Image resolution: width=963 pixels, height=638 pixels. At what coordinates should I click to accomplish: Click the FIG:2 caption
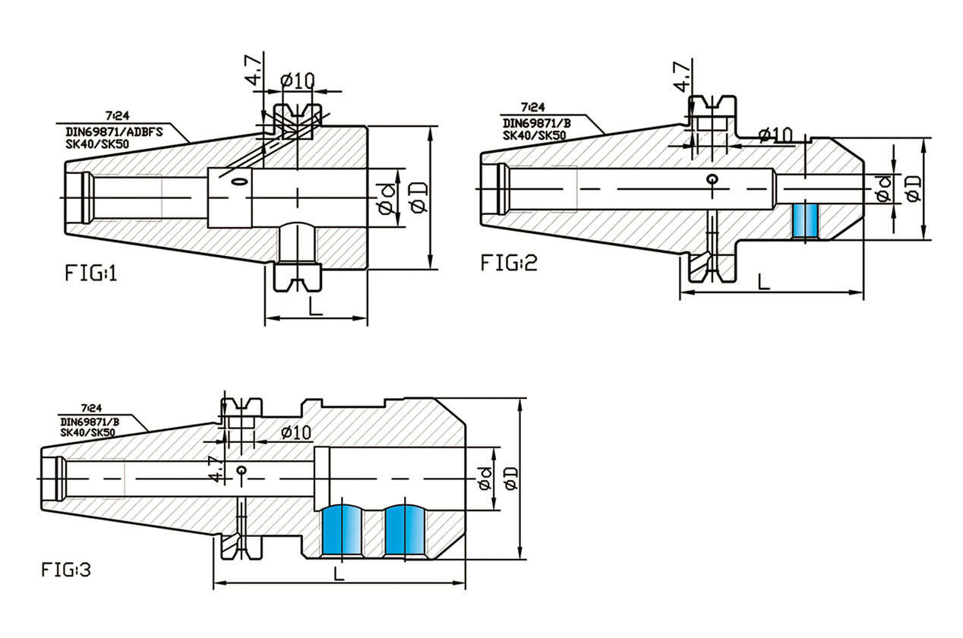tap(509, 263)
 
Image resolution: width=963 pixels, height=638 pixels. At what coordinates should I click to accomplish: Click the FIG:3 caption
tap(66, 569)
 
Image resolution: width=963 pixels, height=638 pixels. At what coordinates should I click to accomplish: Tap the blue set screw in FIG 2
tap(804, 220)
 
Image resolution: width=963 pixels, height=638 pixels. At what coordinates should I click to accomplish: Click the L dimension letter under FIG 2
tap(765, 282)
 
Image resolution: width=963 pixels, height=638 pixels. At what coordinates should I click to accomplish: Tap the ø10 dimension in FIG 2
tap(775, 134)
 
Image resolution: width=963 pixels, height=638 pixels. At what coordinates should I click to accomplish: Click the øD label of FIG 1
tap(417, 197)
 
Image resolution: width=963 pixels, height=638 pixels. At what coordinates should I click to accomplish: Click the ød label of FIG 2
tap(883, 190)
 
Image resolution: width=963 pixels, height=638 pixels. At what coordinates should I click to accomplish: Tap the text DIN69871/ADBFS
tap(115, 130)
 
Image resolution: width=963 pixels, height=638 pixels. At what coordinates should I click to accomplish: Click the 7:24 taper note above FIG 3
tap(90, 409)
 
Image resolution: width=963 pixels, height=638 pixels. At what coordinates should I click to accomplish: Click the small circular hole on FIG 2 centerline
tap(711, 179)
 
